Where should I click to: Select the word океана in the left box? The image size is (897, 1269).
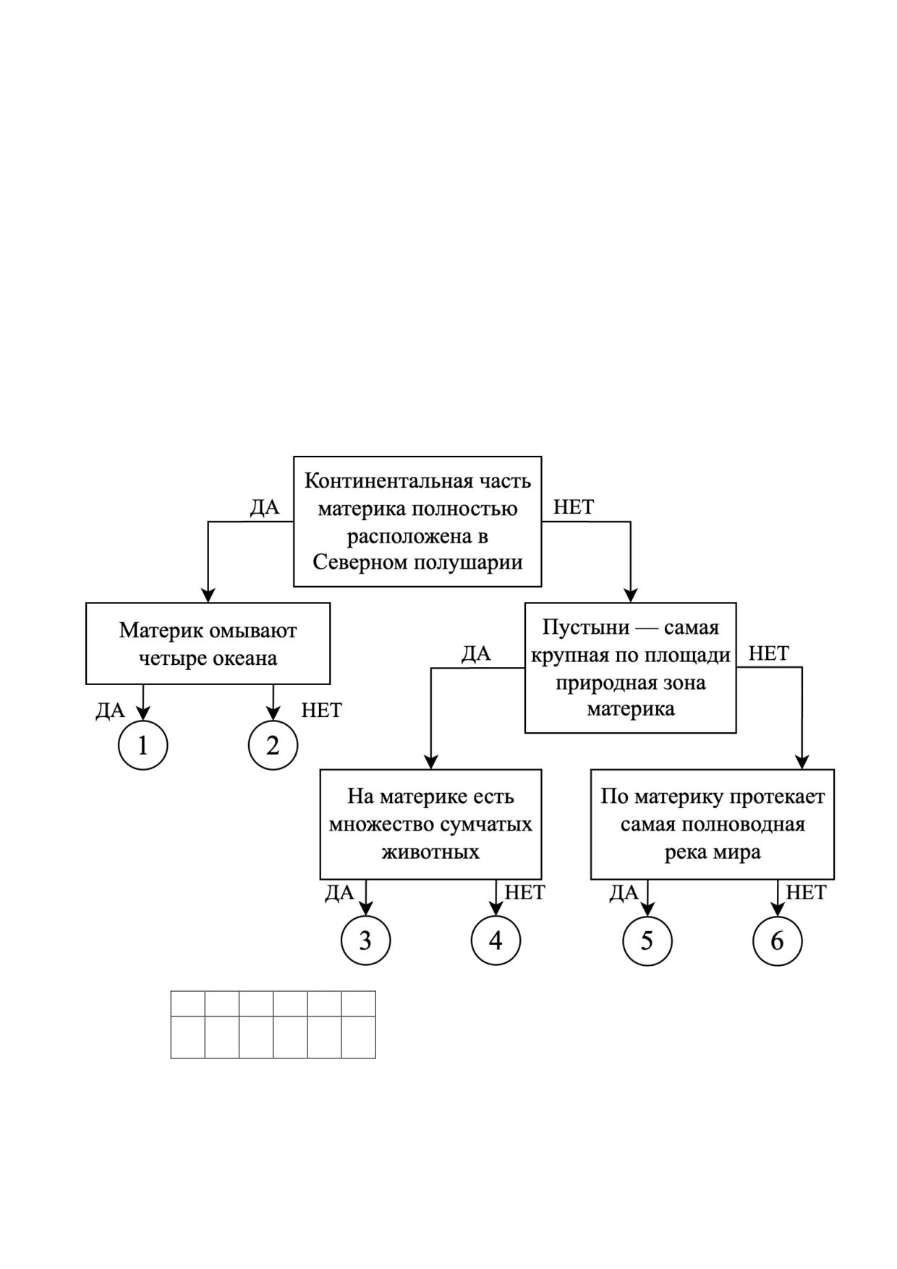tap(247, 658)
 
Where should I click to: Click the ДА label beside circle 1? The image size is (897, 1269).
tap(110, 710)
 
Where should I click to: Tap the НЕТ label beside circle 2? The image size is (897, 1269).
tap(321, 710)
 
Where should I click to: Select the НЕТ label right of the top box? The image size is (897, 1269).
tap(574, 507)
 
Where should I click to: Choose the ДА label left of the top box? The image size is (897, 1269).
tap(265, 507)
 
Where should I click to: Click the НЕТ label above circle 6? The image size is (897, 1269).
tap(806, 893)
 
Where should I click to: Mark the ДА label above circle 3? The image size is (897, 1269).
tap(339, 893)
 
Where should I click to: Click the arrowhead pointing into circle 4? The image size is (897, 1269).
tap(496, 909)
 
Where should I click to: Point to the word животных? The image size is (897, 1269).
tap(430, 852)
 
